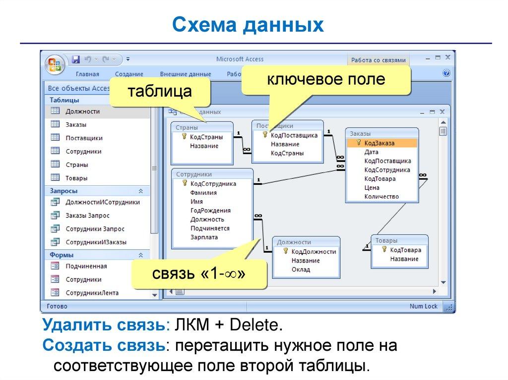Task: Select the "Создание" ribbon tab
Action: (129, 74)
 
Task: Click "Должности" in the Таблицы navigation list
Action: (82, 111)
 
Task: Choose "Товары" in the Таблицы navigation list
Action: (76, 178)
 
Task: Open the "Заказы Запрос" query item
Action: (87, 216)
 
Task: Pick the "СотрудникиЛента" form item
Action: (92, 293)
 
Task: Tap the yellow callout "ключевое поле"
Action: (326, 80)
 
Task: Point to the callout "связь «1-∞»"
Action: (199, 272)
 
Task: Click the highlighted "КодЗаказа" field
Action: (379, 143)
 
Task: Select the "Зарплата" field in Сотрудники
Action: (204, 237)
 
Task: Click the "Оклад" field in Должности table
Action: (301, 270)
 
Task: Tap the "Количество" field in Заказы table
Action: (381, 197)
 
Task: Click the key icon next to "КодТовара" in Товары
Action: (384, 250)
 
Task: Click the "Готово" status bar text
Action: (57, 306)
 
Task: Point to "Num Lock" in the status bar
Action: (423, 306)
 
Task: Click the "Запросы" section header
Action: (63, 191)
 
